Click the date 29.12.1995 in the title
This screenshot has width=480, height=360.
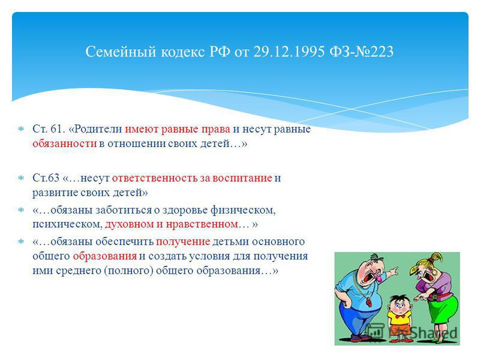[289, 52]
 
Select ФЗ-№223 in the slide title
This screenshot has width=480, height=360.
[362, 52]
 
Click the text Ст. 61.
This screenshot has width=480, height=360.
[49, 129]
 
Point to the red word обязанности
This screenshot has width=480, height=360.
[65, 143]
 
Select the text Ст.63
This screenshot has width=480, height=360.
[46, 178]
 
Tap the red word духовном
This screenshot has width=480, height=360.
[130, 224]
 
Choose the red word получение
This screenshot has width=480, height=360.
[183, 242]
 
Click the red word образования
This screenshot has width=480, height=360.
[104, 256]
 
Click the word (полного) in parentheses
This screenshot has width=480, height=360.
[128, 271]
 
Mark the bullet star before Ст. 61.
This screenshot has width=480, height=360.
[21, 129]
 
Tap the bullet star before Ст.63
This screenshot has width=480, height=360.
[21, 178]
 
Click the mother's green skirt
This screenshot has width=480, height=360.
[443, 308]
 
